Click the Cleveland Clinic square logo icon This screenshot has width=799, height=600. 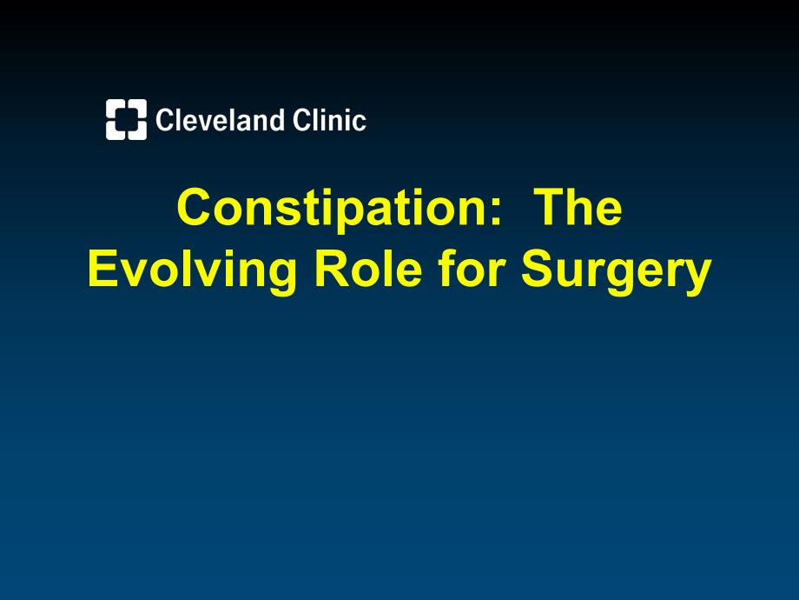pyautogui.click(x=127, y=119)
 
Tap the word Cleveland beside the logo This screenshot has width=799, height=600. pyautogui.click(x=220, y=120)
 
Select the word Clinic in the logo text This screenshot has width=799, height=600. pyautogui.click(x=329, y=120)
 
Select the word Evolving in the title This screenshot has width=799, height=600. pyautogui.click(x=193, y=270)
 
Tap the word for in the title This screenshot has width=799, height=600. pyautogui.click(x=472, y=268)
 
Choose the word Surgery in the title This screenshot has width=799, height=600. pyautogui.click(x=616, y=270)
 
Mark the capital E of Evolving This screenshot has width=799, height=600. pyautogui.click(x=103, y=268)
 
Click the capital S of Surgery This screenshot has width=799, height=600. pyautogui.click(x=538, y=268)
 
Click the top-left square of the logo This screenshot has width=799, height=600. pyautogui.click(x=115, y=108)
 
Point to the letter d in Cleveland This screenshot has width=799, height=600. pyautogui.click(x=275, y=120)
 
